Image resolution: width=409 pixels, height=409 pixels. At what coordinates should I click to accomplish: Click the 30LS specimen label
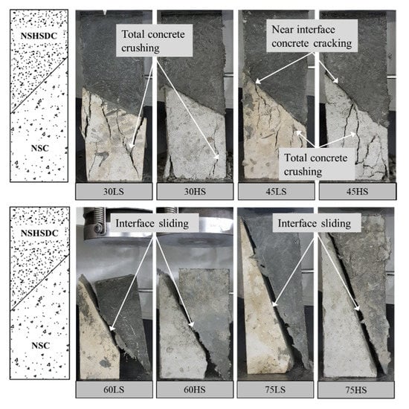(x=114, y=192)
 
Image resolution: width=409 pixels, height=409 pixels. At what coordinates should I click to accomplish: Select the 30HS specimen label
(x=195, y=192)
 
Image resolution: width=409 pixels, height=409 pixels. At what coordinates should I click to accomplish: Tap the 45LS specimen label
(x=276, y=192)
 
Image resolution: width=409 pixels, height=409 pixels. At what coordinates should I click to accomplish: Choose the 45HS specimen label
(x=358, y=192)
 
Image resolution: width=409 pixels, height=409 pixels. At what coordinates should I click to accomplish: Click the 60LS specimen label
(x=114, y=390)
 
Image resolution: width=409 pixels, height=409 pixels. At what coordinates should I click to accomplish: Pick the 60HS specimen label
(x=195, y=390)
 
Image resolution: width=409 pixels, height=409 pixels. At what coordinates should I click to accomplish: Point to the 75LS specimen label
(x=275, y=390)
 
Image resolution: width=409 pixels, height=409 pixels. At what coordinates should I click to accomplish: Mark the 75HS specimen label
(x=356, y=390)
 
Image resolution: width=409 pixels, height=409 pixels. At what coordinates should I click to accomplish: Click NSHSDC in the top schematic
(x=39, y=36)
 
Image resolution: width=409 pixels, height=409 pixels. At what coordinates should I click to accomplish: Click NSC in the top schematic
(x=40, y=148)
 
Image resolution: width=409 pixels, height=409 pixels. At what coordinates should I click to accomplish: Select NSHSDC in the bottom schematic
(x=39, y=233)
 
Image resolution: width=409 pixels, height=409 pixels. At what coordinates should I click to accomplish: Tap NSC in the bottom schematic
(x=40, y=346)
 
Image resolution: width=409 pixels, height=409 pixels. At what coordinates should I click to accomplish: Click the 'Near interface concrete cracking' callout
(x=312, y=36)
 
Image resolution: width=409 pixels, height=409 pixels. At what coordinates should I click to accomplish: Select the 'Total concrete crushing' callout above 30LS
(x=154, y=41)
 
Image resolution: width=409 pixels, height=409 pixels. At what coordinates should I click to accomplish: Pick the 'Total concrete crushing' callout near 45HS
(x=317, y=164)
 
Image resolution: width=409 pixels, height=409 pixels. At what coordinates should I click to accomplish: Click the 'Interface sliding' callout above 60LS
(x=152, y=223)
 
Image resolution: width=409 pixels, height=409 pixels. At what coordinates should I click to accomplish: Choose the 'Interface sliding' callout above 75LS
(x=317, y=223)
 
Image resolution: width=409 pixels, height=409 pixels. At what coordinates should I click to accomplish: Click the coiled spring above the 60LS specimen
(x=95, y=219)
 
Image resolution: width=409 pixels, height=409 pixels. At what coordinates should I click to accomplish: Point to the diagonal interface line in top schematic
(x=39, y=86)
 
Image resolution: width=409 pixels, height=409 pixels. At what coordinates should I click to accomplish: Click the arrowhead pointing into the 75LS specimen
(x=274, y=304)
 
